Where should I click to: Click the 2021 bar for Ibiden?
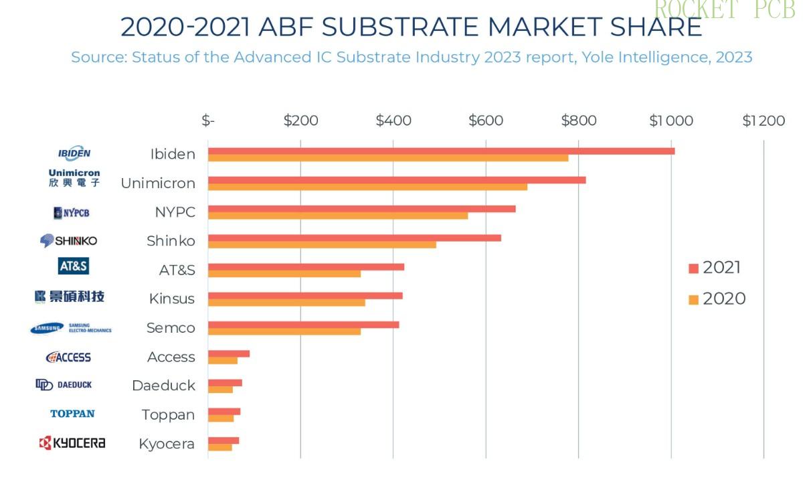click(441, 151)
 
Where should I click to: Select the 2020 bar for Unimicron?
click(367, 187)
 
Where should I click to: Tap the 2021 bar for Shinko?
click(354, 238)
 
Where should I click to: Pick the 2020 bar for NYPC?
click(338, 216)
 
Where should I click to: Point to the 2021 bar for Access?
click(228, 353)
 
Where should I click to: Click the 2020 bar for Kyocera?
click(220, 447)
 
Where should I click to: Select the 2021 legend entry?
click(715, 268)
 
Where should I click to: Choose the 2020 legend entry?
click(717, 299)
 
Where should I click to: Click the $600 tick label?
click(485, 121)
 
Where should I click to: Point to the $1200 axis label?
click(763, 121)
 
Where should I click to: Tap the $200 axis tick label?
click(300, 121)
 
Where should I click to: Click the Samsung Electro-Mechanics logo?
click(71, 328)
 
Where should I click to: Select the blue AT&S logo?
click(74, 266)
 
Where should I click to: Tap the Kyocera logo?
click(72, 443)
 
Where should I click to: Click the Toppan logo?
click(72, 414)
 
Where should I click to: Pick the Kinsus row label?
click(172, 299)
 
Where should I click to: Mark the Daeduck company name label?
click(163, 386)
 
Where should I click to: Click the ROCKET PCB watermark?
click(724, 10)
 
